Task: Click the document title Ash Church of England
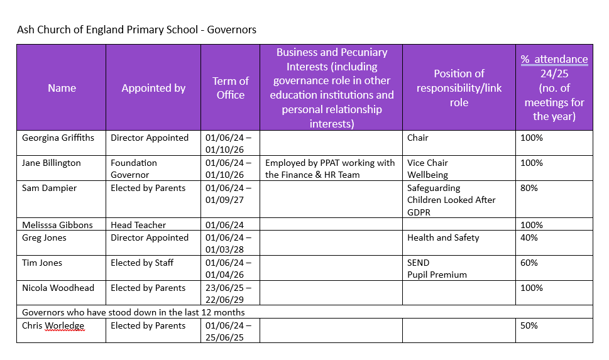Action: [x=136, y=30]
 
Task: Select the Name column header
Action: [x=62, y=88]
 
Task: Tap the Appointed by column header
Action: [x=153, y=88]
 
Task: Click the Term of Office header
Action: [x=230, y=88]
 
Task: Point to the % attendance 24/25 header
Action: [x=554, y=87]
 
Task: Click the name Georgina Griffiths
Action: [x=58, y=138]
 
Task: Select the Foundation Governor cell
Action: [x=134, y=168]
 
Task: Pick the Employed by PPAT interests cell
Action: [x=330, y=168]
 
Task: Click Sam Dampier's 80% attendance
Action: [x=529, y=188]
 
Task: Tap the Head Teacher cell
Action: [x=138, y=225]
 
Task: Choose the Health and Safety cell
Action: [x=443, y=237]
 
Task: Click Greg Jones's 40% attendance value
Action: [x=529, y=237]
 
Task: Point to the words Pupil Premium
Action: [x=437, y=275]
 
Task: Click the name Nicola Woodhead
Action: [x=58, y=288]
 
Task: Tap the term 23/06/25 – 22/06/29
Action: [x=229, y=293]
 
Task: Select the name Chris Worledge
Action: [x=53, y=325]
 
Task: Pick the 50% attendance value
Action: [x=529, y=325]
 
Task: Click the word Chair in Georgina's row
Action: [x=417, y=138]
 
